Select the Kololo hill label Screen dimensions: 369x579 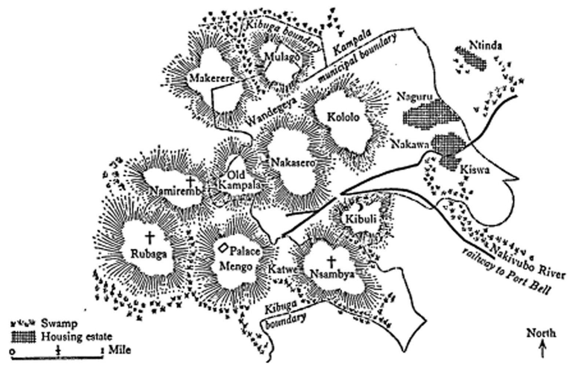[x=343, y=117]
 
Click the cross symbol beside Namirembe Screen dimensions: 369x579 [x=190, y=181]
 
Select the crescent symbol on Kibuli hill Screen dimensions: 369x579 [x=360, y=208]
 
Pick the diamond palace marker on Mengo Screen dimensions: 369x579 [x=222, y=248]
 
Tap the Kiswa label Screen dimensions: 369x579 [x=475, y=170]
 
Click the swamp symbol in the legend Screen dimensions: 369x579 [x=23, y=324]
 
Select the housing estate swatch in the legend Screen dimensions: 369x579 [x=23, y=336]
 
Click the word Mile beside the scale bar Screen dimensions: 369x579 [x=120, y=350]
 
